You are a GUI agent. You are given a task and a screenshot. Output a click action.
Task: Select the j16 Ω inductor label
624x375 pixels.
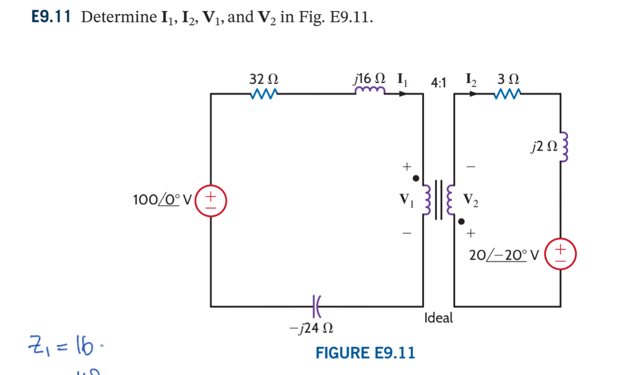(370, 79)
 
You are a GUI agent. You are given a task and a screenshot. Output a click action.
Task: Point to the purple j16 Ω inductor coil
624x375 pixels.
(370, 91)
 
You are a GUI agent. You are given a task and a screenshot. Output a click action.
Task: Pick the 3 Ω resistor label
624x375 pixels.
(508, 79)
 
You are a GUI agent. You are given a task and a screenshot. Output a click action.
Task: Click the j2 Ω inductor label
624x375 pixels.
(541, 145)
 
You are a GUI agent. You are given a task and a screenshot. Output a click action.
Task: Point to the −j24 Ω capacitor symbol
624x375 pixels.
(316, 306)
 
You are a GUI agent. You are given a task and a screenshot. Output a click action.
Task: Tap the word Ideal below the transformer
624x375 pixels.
(438, 318)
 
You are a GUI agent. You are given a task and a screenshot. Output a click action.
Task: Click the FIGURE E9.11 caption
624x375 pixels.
(365, 353)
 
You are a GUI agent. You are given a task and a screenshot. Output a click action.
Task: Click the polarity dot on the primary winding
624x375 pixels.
(416, 178)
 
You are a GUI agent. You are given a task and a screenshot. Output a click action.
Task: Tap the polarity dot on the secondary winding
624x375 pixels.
(461, 222)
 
